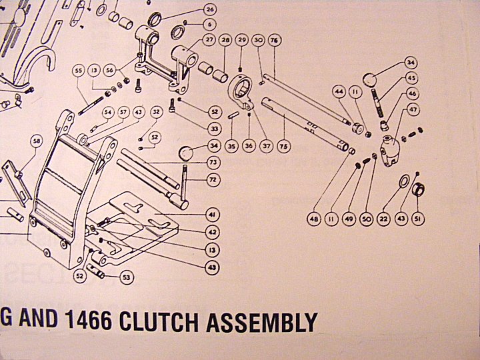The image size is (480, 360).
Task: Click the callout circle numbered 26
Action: (x=210, y=9)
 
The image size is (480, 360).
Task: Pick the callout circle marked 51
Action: (x=418, y=218)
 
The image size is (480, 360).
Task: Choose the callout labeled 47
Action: (x=413, y=109)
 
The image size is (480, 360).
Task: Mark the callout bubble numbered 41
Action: (x=213, y=215)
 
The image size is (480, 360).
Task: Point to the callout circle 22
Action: (x=383, y=218)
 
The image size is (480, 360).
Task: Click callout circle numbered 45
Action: (x=412, y=79)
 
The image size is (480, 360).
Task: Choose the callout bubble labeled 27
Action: (x=210, y=41)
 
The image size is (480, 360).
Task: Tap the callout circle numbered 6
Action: (x=210, y=24)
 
